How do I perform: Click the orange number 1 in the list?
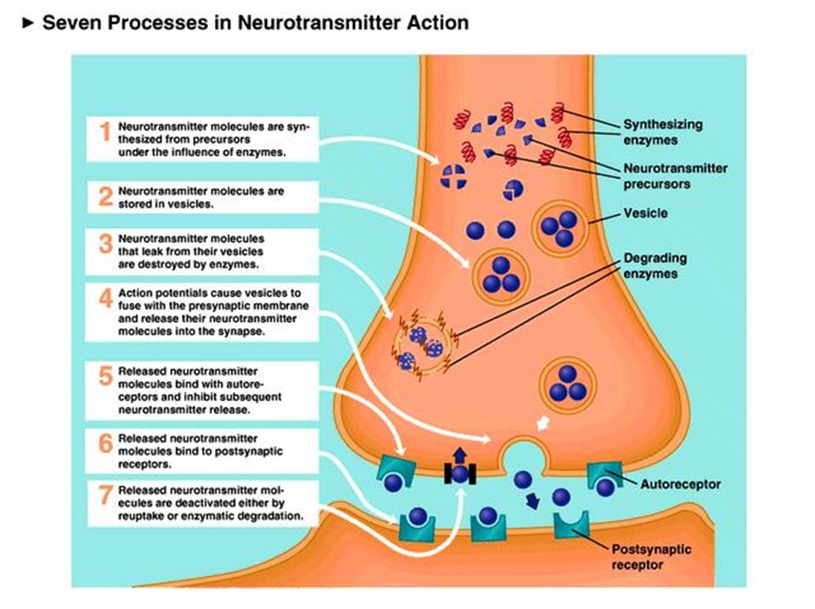pyautogui.click(x=105, y=133)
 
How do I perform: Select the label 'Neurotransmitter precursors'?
pyautogui.click(x=672, y=176)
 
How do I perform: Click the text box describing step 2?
pyautogui.click(x=201, y=198)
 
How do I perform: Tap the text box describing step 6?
pyautogui.click(x=201, y=447)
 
